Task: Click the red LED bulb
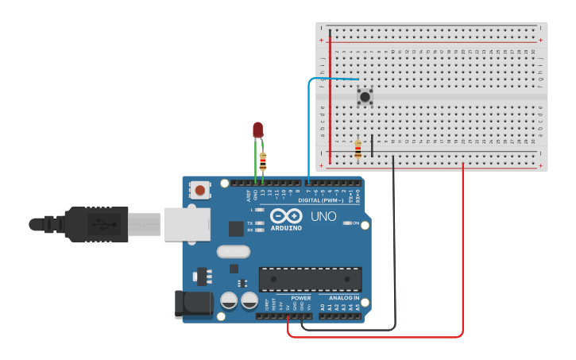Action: (x=257, y=130)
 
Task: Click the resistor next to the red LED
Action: (x=263, y=161)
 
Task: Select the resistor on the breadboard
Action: (x=358, y=149)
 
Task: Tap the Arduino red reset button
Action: (x=200, y=190)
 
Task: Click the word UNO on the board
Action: (x=323, y=216)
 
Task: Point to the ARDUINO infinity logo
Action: (x=286, y=216)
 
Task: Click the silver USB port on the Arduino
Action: (x=187, y=224)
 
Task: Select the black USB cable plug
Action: (x=95, y=224)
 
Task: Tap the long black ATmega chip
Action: (x=310, y=279)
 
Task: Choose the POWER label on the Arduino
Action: (x=300, y=298)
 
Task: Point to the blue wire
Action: (x=309, y=127)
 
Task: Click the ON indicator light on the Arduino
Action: (x=347, y=223)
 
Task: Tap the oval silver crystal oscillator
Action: (x=232, y=252)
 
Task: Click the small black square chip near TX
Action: (x=236, y=229)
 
